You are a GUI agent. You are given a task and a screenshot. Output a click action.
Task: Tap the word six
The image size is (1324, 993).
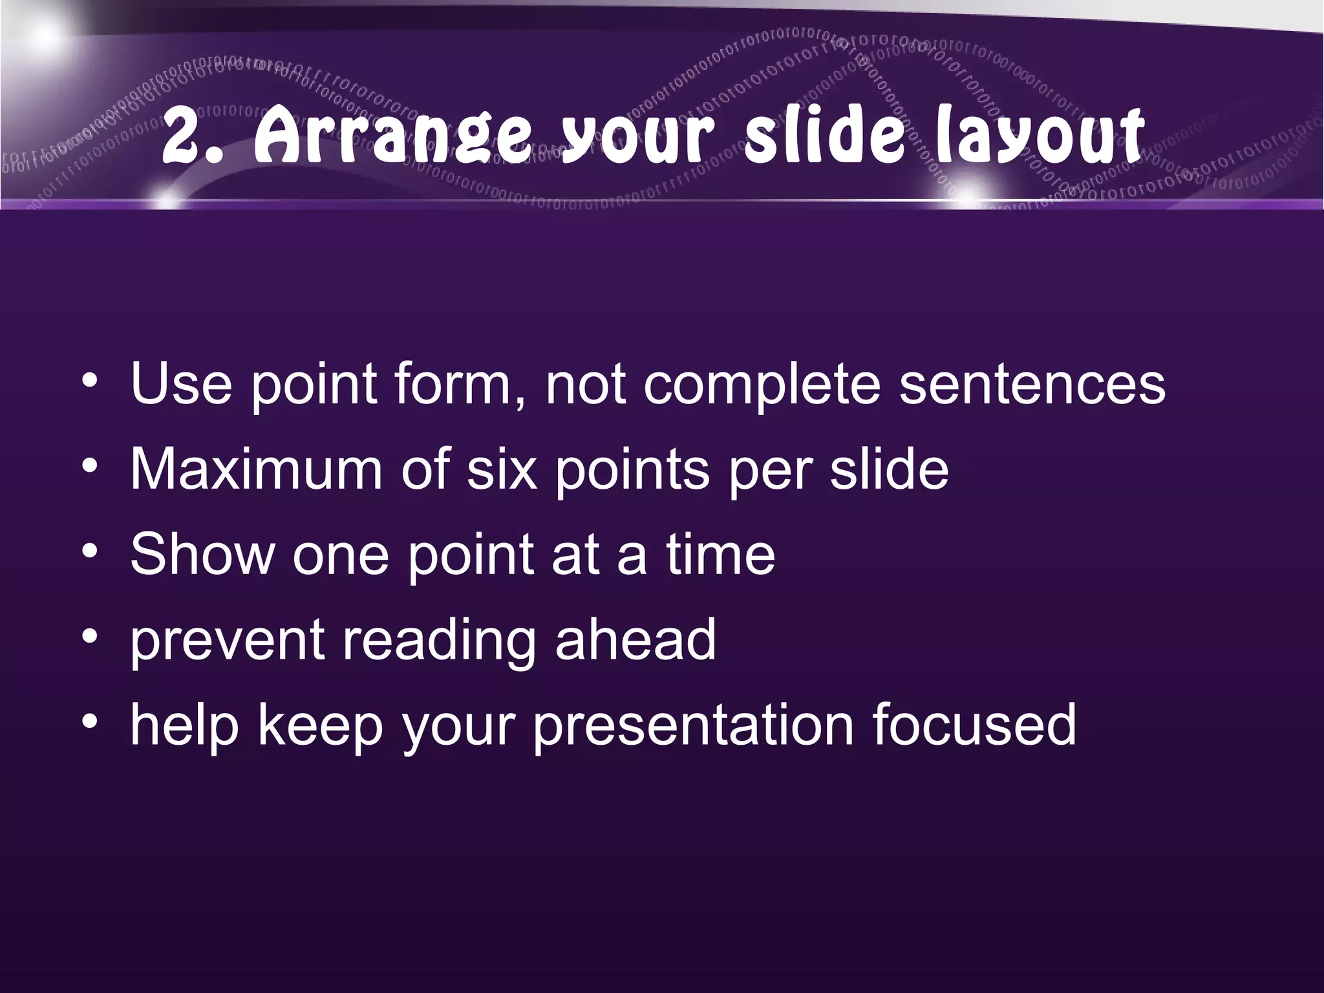pyautogui.click(x=502, y=469)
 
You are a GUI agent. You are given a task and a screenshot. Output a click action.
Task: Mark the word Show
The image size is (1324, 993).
pyautogui.click(x=202, y=554)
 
